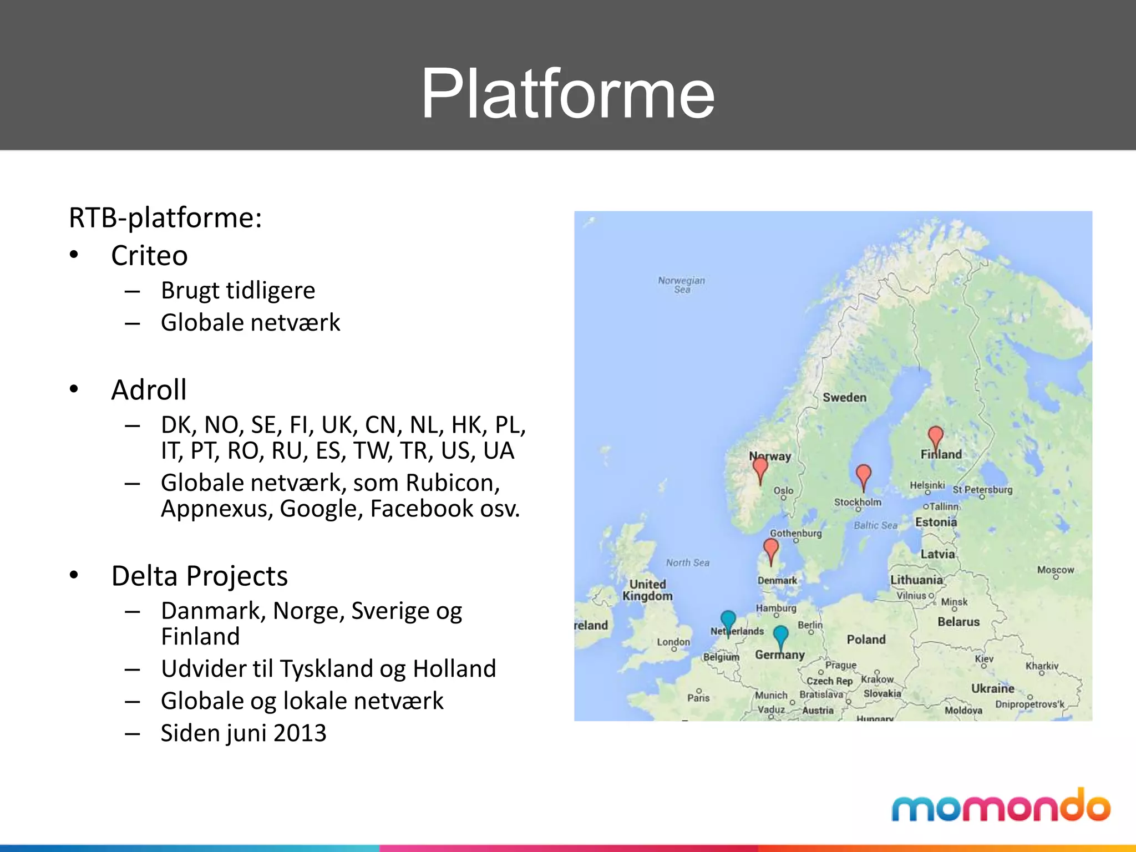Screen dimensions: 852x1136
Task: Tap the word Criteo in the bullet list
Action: point(149,256)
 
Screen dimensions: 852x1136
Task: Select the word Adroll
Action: point(149,390)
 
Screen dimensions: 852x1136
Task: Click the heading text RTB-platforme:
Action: point(165,217)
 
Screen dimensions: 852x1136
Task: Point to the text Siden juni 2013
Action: point(244,733)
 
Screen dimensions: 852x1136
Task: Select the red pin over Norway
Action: point(760,468)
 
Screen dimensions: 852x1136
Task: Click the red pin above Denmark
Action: point(771,549)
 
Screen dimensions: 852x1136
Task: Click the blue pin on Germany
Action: point(780,636)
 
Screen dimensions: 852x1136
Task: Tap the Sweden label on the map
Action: point(844,397)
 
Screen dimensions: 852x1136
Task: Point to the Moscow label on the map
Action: point(1055,570)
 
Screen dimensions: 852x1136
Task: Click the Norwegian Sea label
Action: point(681,285)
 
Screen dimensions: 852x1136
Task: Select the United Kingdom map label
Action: point(647,590)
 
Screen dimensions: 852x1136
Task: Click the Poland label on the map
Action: point(866,640)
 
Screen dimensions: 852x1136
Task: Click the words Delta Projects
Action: point(199,576)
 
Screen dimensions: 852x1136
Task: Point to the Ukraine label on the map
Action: point(992,688)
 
